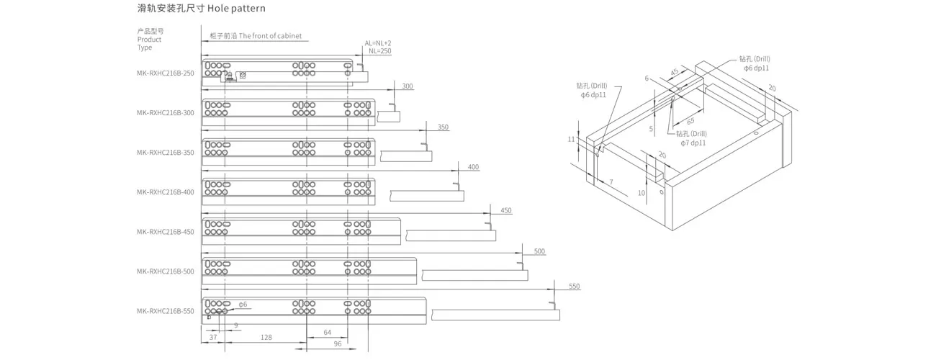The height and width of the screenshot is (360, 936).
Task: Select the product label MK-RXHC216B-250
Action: click(166, 73)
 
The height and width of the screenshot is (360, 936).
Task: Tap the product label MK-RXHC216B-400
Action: click(166, 192)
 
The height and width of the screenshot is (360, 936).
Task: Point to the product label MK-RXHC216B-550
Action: click(166, 311)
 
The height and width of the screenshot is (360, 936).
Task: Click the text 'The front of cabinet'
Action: click(270, 36)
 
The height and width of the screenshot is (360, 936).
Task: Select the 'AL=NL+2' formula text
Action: click(378, 43)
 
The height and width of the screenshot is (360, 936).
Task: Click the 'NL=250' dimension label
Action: click(380, 51)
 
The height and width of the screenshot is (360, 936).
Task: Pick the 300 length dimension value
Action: click(408, 86)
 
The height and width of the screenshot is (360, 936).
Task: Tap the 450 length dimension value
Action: click(506, 210)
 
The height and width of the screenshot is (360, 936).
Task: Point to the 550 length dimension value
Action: click(574, 286)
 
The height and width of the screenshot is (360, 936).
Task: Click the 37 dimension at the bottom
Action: click(213, 337)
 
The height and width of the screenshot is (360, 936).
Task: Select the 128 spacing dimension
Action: click(266, 337)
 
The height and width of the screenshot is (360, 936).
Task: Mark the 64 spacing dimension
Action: click(327, 333)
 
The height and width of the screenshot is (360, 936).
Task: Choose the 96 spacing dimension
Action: click(338, 343)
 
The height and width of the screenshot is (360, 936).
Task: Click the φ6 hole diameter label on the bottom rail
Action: click(243, 305)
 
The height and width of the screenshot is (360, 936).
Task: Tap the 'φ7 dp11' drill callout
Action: click(693, 143)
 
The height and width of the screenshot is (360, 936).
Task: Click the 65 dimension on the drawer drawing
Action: click(690, 121)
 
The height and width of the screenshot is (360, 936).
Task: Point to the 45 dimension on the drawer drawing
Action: click(675, 72)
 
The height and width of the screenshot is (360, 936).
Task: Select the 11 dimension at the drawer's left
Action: click(571, 139)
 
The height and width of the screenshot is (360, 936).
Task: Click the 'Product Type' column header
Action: click(149, 43)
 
